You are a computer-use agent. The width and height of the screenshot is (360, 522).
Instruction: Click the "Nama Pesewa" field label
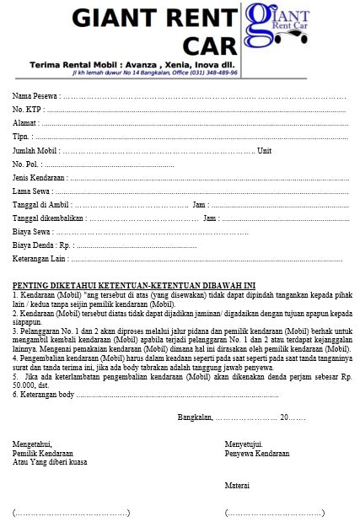coord(35,95)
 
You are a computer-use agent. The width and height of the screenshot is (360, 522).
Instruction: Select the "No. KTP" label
coord(28,109)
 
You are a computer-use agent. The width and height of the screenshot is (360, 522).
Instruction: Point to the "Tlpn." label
coord(23,136)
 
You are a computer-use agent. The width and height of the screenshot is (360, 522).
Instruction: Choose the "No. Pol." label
coord(26,164)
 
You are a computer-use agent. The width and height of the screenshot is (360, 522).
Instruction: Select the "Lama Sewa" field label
coord(32,191)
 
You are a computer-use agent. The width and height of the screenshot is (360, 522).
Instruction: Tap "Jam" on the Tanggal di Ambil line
coord(199,205)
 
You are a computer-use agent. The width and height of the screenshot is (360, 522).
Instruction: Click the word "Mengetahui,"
coord(32,444)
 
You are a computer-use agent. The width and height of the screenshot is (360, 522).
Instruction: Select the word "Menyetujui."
coord(244,444)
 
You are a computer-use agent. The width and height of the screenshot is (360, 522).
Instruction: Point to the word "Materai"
coord(237,485)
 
